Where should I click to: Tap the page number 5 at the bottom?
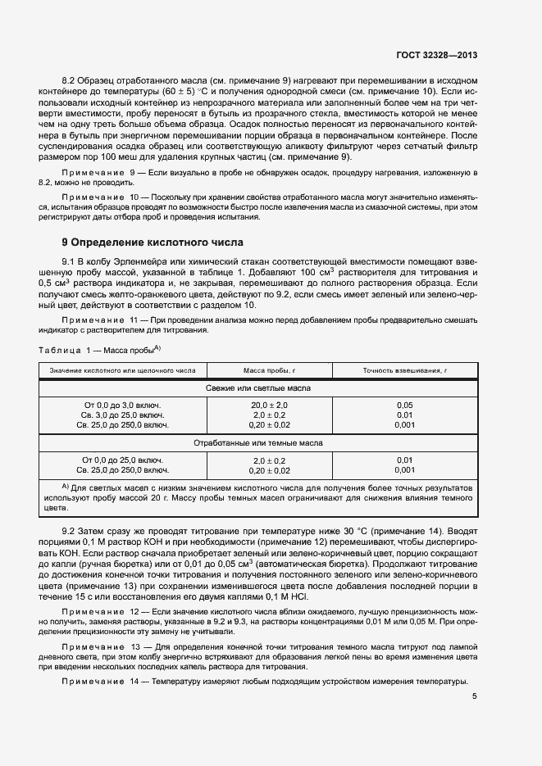click(475, 696)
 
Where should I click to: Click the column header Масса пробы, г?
click(270, 370)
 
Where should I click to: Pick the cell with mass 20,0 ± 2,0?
click(270, 406)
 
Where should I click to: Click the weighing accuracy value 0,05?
click(404, 406)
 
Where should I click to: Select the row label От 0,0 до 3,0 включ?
click(122, 406)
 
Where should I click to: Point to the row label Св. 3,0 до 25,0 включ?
click(122, 415)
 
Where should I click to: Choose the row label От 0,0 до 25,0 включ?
click(122, 460)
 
